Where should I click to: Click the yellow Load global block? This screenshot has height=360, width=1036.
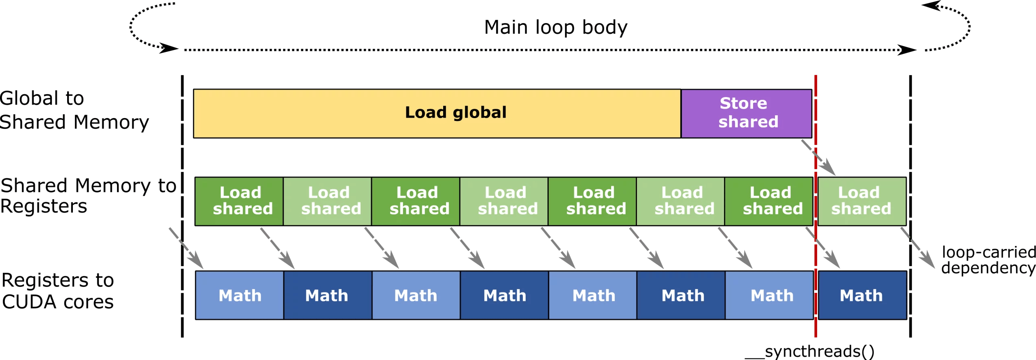(437, 114)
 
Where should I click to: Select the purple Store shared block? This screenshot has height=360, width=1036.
(747, 114)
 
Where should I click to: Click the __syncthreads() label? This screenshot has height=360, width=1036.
(809, 351)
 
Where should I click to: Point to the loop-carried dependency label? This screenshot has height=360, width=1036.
(988, 260)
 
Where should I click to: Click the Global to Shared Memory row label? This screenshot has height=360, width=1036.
(74, 110)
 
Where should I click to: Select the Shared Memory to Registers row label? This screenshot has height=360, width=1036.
(88, 195)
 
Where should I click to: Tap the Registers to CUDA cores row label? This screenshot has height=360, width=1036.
(57, 291)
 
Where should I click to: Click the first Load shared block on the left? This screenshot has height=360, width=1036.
(239, 201)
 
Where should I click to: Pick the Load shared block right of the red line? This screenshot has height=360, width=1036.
(862, 201)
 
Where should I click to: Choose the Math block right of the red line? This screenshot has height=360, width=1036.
(862, 295)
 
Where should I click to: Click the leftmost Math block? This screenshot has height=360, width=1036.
(240, 295)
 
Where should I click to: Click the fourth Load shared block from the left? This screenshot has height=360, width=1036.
(504, 201)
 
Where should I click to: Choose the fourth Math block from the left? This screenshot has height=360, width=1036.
(505, 295)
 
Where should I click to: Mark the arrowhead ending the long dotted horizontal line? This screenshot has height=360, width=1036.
(907, 50)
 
